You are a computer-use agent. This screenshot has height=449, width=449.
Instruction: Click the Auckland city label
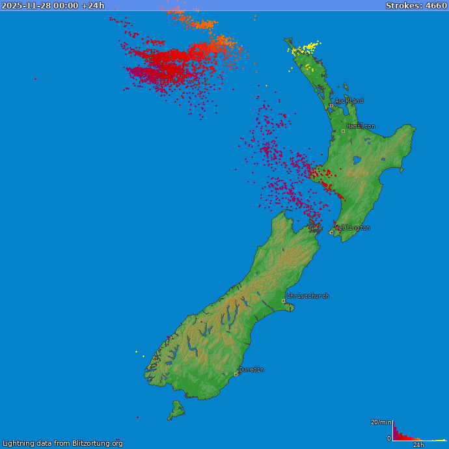[349, 101]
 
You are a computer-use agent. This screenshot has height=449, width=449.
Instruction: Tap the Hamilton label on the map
[361, 126]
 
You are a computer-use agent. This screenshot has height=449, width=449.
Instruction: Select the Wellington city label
[353, 228]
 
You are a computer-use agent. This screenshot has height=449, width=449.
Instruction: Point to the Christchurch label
[308, 296]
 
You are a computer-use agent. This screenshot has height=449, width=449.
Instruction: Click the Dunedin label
[251, 370]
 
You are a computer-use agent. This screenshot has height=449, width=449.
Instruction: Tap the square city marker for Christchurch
[283, 301]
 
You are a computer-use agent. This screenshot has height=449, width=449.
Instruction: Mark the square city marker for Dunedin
[236, 374]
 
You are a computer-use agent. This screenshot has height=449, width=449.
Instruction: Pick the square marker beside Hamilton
[343, 131]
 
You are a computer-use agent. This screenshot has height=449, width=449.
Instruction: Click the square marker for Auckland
[331, 105]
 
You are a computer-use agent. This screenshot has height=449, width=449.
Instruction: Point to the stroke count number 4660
[436, 6]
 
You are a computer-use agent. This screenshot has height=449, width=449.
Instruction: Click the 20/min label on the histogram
[381, 422]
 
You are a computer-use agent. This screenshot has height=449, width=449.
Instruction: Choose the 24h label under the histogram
[418, 445]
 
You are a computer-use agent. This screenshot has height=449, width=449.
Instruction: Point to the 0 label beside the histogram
[389, 439]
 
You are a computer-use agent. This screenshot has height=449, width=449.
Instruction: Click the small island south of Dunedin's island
[176, 410]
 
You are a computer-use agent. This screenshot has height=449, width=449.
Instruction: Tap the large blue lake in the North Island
[357, 159]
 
